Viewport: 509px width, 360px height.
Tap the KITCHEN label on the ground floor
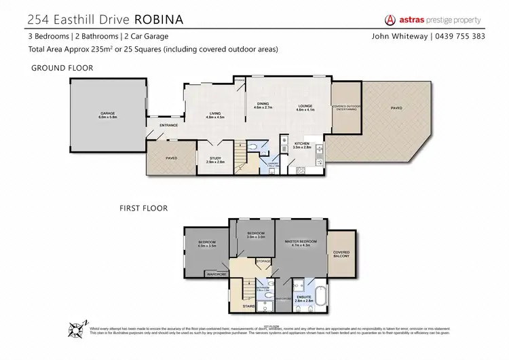(x=302, y=143)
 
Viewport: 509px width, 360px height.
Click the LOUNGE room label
(x=303, y=105)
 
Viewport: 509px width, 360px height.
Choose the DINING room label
(x=263, y=104)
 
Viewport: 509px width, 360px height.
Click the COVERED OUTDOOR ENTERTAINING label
(x=345, y=107)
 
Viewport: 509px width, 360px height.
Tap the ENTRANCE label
(x=168, y=126)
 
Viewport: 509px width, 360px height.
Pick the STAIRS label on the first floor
(x=248, y=306)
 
